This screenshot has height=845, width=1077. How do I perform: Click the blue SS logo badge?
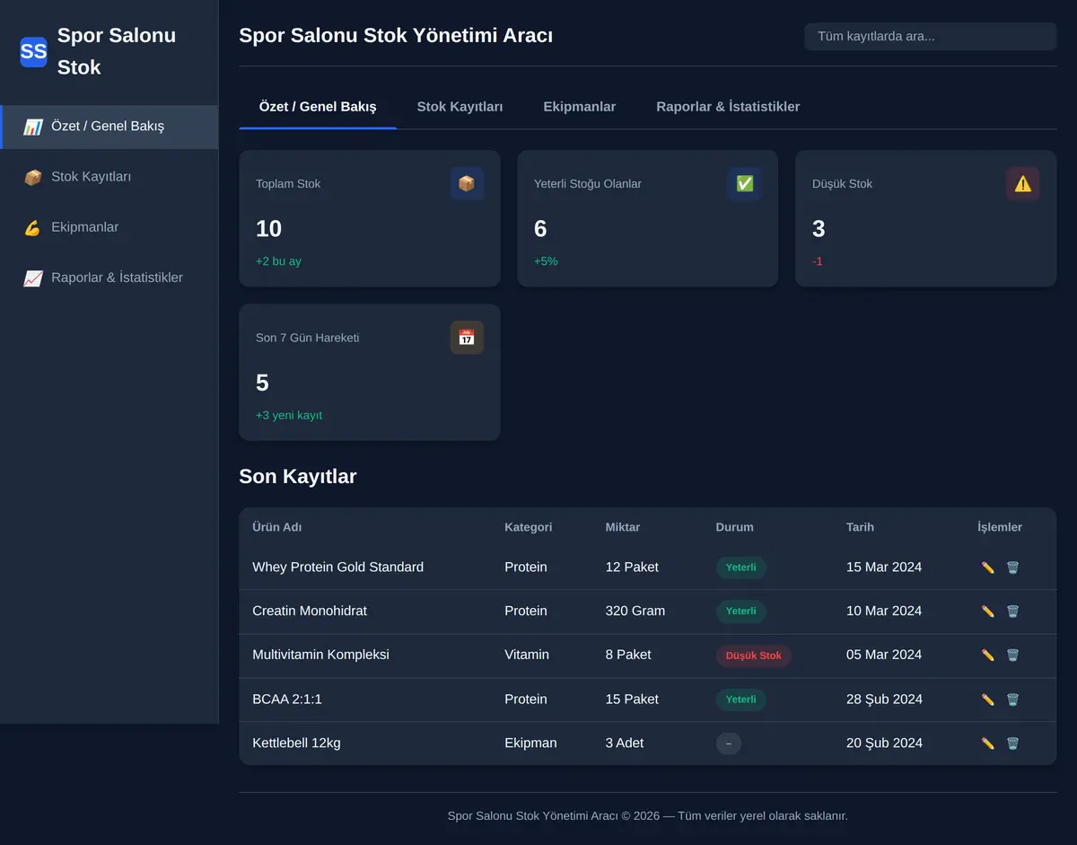click(x=33, y=51)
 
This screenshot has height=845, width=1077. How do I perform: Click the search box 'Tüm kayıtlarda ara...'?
click(x=931, y=36)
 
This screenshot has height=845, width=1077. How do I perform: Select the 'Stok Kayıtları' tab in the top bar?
click(x=460, y=107)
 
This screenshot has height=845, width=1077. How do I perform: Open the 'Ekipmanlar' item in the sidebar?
click(x=84, y=227)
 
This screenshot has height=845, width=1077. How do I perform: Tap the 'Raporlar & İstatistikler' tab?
click(x=728, y=107)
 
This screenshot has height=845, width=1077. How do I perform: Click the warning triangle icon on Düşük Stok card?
click(x=1022, y=184)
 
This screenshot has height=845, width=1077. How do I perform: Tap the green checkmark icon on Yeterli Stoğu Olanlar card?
click(x=744, y=183)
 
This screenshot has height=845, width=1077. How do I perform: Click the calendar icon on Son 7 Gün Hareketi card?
click(x=467, y=338)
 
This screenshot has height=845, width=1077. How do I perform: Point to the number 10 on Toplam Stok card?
click(x=268, y=229)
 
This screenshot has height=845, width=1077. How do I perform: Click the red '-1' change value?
click(x=818, y=261)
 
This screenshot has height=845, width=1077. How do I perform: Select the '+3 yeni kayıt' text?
click(x=288, y=415)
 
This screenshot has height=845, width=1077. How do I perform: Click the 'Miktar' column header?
click(x=622, y=527)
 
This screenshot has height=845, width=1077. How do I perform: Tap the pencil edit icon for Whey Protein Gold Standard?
click(x=987, y=568)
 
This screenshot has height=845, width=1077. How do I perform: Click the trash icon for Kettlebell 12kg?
click(x=1012, y=744)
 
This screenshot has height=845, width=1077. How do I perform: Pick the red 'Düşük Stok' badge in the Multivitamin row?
click(x=753, y=656)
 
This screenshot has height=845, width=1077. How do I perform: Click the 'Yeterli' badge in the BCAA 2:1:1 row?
click(x=741, y=700)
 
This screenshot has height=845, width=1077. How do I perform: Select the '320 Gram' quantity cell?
click(x=635, y=611)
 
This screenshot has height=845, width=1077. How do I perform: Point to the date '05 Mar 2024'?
click(x=884, y=655)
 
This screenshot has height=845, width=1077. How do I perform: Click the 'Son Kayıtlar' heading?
click(x=297, y=476)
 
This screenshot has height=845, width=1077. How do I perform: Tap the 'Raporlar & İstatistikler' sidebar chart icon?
click(x=33, y=278)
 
